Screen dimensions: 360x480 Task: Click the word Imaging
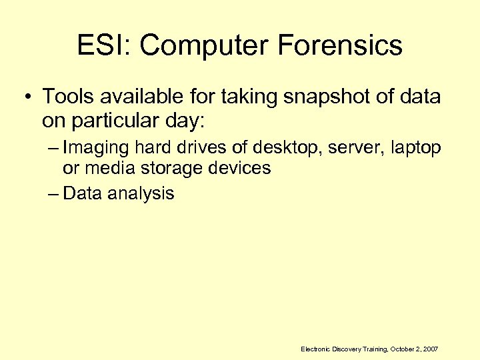click(97, 148)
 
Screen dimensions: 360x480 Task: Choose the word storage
click(176, 168)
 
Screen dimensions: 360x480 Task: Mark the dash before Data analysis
click(54, 194)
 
